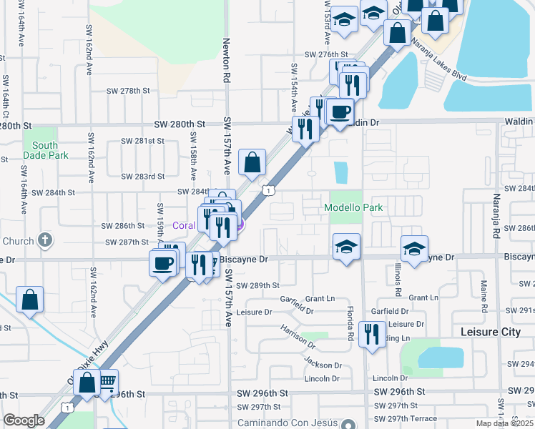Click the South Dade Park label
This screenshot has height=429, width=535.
click(x=45, y=150)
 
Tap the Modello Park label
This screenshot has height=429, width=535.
click(x=354, y=208)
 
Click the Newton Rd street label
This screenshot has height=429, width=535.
click(x=226, y=59)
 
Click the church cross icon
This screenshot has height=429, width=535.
click(x=44, y=240)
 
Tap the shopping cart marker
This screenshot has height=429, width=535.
click(x=107, y=382)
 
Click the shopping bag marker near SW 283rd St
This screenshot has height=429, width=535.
click(x=252, y=162)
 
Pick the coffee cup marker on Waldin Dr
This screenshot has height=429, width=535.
click(x=340, y=112)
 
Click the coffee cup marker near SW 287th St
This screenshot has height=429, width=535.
click(x=163, y=262)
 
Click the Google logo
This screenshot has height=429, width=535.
click(x=24, y=420)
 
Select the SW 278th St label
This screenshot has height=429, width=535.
click(x=128, y=91)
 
